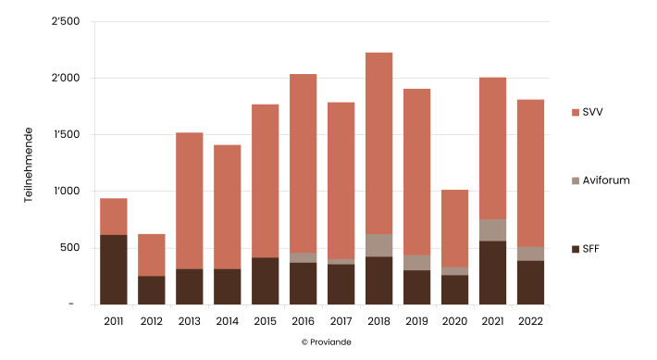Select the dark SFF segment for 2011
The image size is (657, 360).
(113, 269)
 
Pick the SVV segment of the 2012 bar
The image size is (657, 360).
(151, 254)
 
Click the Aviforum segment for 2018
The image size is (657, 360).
(378, 245)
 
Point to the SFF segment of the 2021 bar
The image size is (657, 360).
(492, 272)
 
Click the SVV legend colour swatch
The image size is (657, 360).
(576, 112)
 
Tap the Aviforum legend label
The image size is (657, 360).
(606, 180)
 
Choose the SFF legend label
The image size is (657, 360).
(593, 248)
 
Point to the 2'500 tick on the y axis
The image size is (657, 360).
(67, 21)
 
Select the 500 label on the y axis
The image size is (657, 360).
(70, 248)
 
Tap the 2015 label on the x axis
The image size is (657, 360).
(265, 320)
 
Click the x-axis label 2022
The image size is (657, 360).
(530, 320)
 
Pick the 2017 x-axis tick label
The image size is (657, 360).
(341, 320)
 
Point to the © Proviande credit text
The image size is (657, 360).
(327, 341)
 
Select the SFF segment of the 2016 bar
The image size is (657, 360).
(303, 283)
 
